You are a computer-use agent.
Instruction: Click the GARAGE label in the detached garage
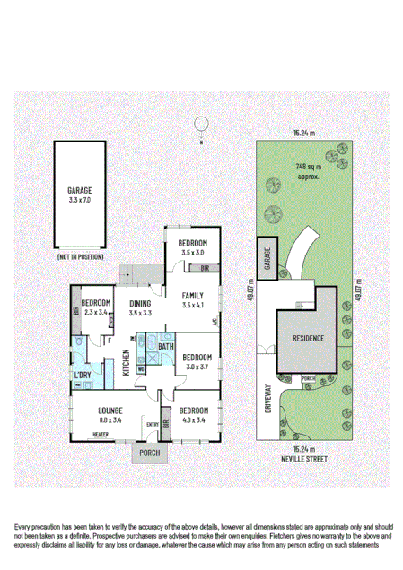[x=79, y=191]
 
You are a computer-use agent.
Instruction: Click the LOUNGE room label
[x=116, y=410]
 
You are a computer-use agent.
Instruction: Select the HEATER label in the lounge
[x=101, y=436]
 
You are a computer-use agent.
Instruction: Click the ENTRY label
[x=153, y=425]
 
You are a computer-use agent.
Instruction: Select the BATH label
[x=166, y=347]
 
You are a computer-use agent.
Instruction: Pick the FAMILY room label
[x=193, y=296]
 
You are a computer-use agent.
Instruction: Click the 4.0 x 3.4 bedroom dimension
[x=193, y=419]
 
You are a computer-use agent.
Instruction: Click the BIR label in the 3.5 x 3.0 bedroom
[x=204, y=268]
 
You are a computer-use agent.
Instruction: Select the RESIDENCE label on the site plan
[x=306, y=338]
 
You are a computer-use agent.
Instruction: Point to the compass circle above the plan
[x=203, y=124]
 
